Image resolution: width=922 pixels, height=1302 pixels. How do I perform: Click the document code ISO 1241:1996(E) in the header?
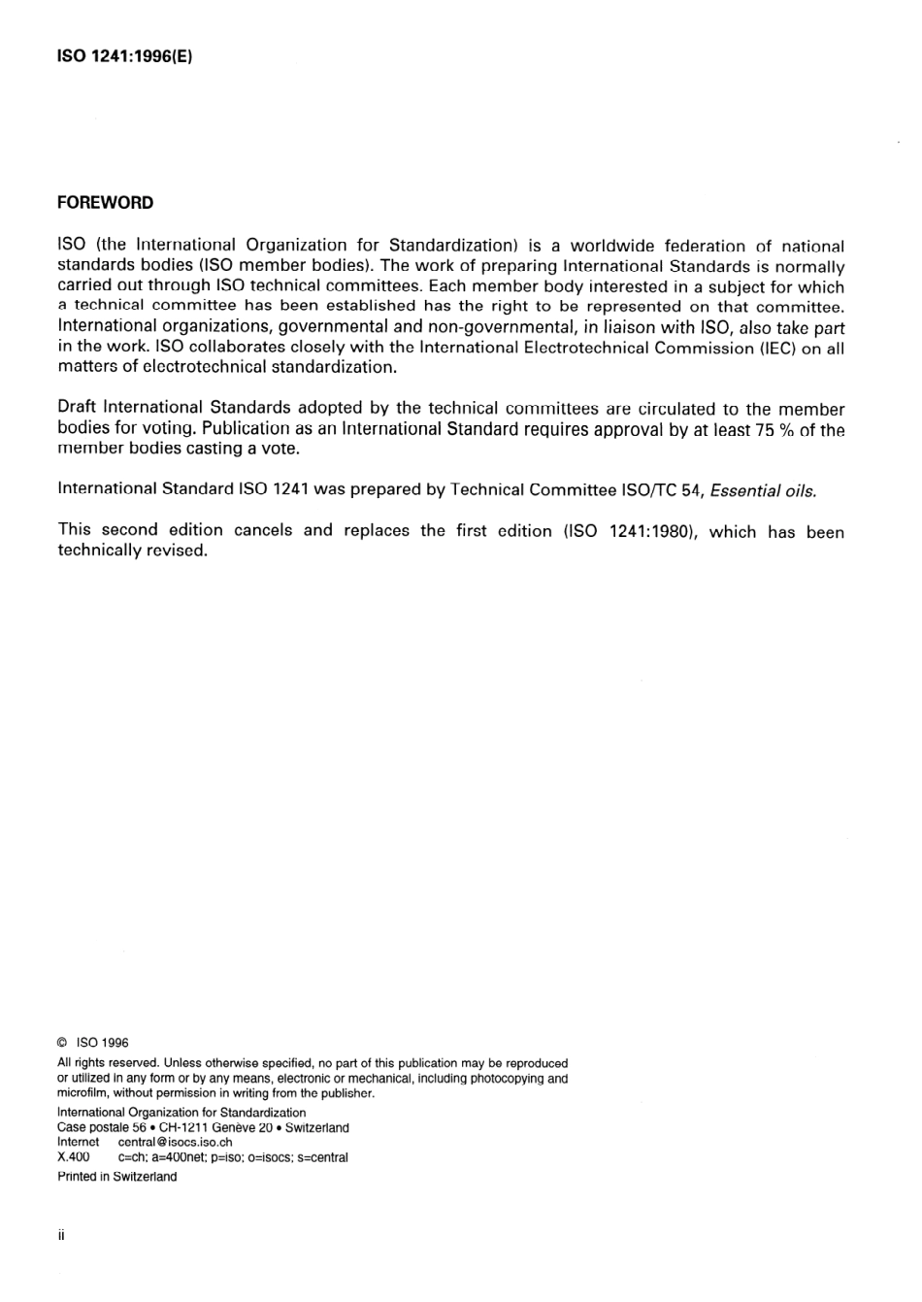point(126,56)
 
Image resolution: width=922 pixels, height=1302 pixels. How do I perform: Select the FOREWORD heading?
point(105,203)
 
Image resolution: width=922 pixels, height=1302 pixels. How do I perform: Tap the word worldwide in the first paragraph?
point(611,247)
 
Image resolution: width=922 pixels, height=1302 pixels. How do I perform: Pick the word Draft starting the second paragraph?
point(78,409)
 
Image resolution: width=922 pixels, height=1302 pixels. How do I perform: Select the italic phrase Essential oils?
point(764,490)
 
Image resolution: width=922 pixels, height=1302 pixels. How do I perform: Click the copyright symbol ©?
point(62,1043)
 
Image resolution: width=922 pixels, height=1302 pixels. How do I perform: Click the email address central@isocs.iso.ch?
point(175,1143)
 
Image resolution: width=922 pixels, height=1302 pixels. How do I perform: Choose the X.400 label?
point(74,1157)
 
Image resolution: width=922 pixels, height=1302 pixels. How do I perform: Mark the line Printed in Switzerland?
point(117,1177)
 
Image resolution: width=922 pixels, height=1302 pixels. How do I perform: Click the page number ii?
point(61,1236)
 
